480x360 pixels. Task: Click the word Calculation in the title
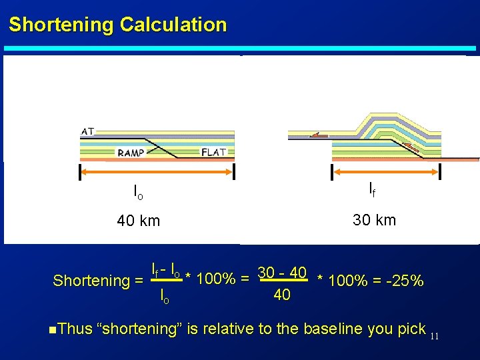pos(173,25)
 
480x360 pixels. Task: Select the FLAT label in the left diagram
pos(213,152)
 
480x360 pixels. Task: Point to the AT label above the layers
pos(87,131)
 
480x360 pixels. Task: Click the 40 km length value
pos(138,221)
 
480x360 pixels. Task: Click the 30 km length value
pos(374,220)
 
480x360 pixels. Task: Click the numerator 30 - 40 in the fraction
pos(282,273)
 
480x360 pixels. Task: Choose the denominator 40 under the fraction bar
pos(282,294)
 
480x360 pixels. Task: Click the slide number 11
pos(434,335)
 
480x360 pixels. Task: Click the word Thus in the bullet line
pos(75,329)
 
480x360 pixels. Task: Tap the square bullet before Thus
pos(53,329)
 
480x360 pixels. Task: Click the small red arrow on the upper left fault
pos(319,135)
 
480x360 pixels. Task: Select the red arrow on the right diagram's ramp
pos(412,151)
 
